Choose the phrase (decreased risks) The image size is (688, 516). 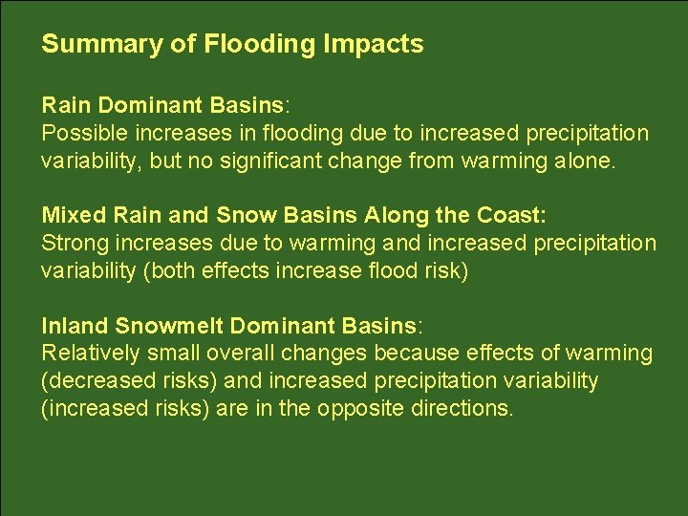tap(129, 380)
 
